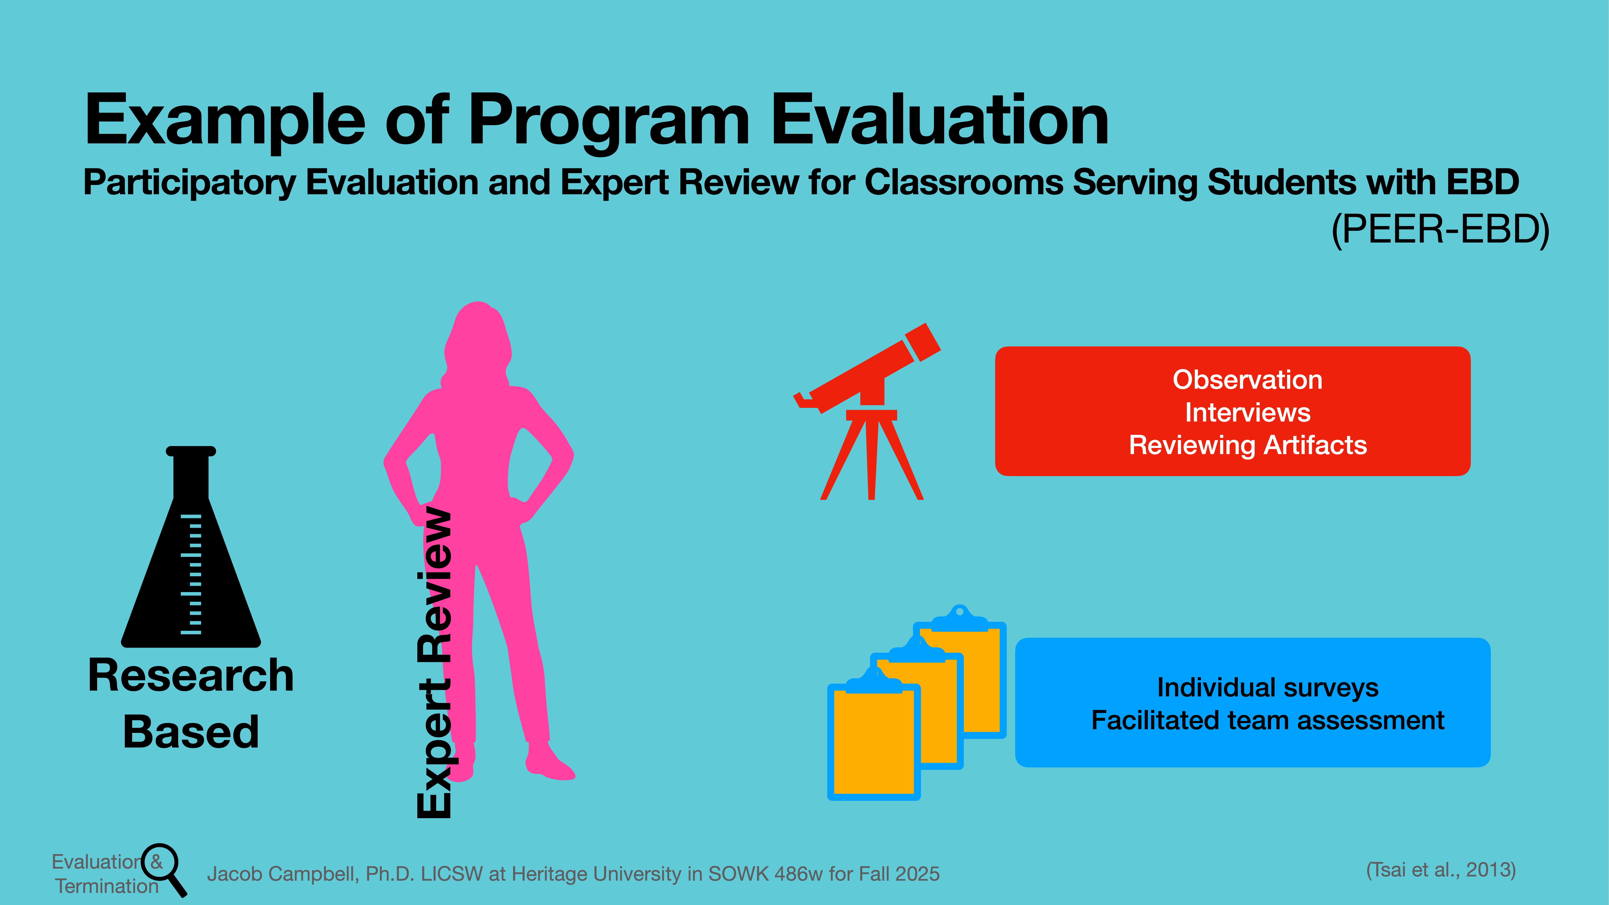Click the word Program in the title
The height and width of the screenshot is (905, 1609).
pyautogui.click(x=609, y=122)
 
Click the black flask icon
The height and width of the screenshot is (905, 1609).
pyautogui.click(x=190, y=562)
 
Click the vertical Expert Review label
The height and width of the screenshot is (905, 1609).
pyautogui.click(x=434, y=662)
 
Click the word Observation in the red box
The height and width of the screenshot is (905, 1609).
pyautogui.click(x=1247, y=380)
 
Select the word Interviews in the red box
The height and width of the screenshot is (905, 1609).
pyautogui.click(x=1247, y=413)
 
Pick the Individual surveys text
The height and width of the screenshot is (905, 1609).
pyautogui.click(x=1267, y=688)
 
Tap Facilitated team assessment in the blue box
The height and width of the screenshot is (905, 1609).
pyautogui.click(x=1267, y=721)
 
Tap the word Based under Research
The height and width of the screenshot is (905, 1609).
pyautogui.click(x=190, y=732)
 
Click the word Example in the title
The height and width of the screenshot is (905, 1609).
pyautogui.click(x=225, y=122)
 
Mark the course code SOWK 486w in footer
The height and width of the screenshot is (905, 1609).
pyautogui.click(x=765, y=874)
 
